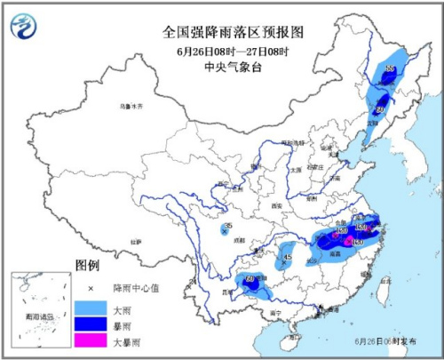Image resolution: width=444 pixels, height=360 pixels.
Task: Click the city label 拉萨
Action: coord(135,240)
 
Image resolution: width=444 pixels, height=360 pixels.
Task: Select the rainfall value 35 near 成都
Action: coord(228,228)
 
